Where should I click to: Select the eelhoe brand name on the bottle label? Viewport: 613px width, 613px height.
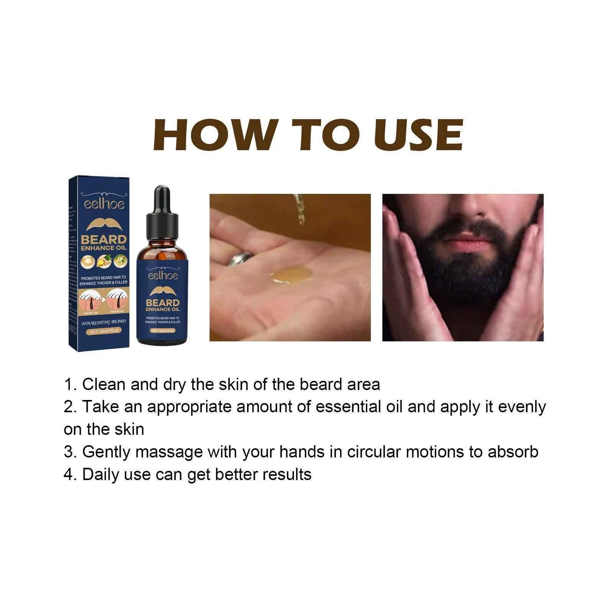162,275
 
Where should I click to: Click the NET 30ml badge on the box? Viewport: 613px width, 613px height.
104,333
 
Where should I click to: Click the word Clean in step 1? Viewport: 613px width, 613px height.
104,384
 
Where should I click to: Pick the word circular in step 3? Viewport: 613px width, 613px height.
374,452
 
